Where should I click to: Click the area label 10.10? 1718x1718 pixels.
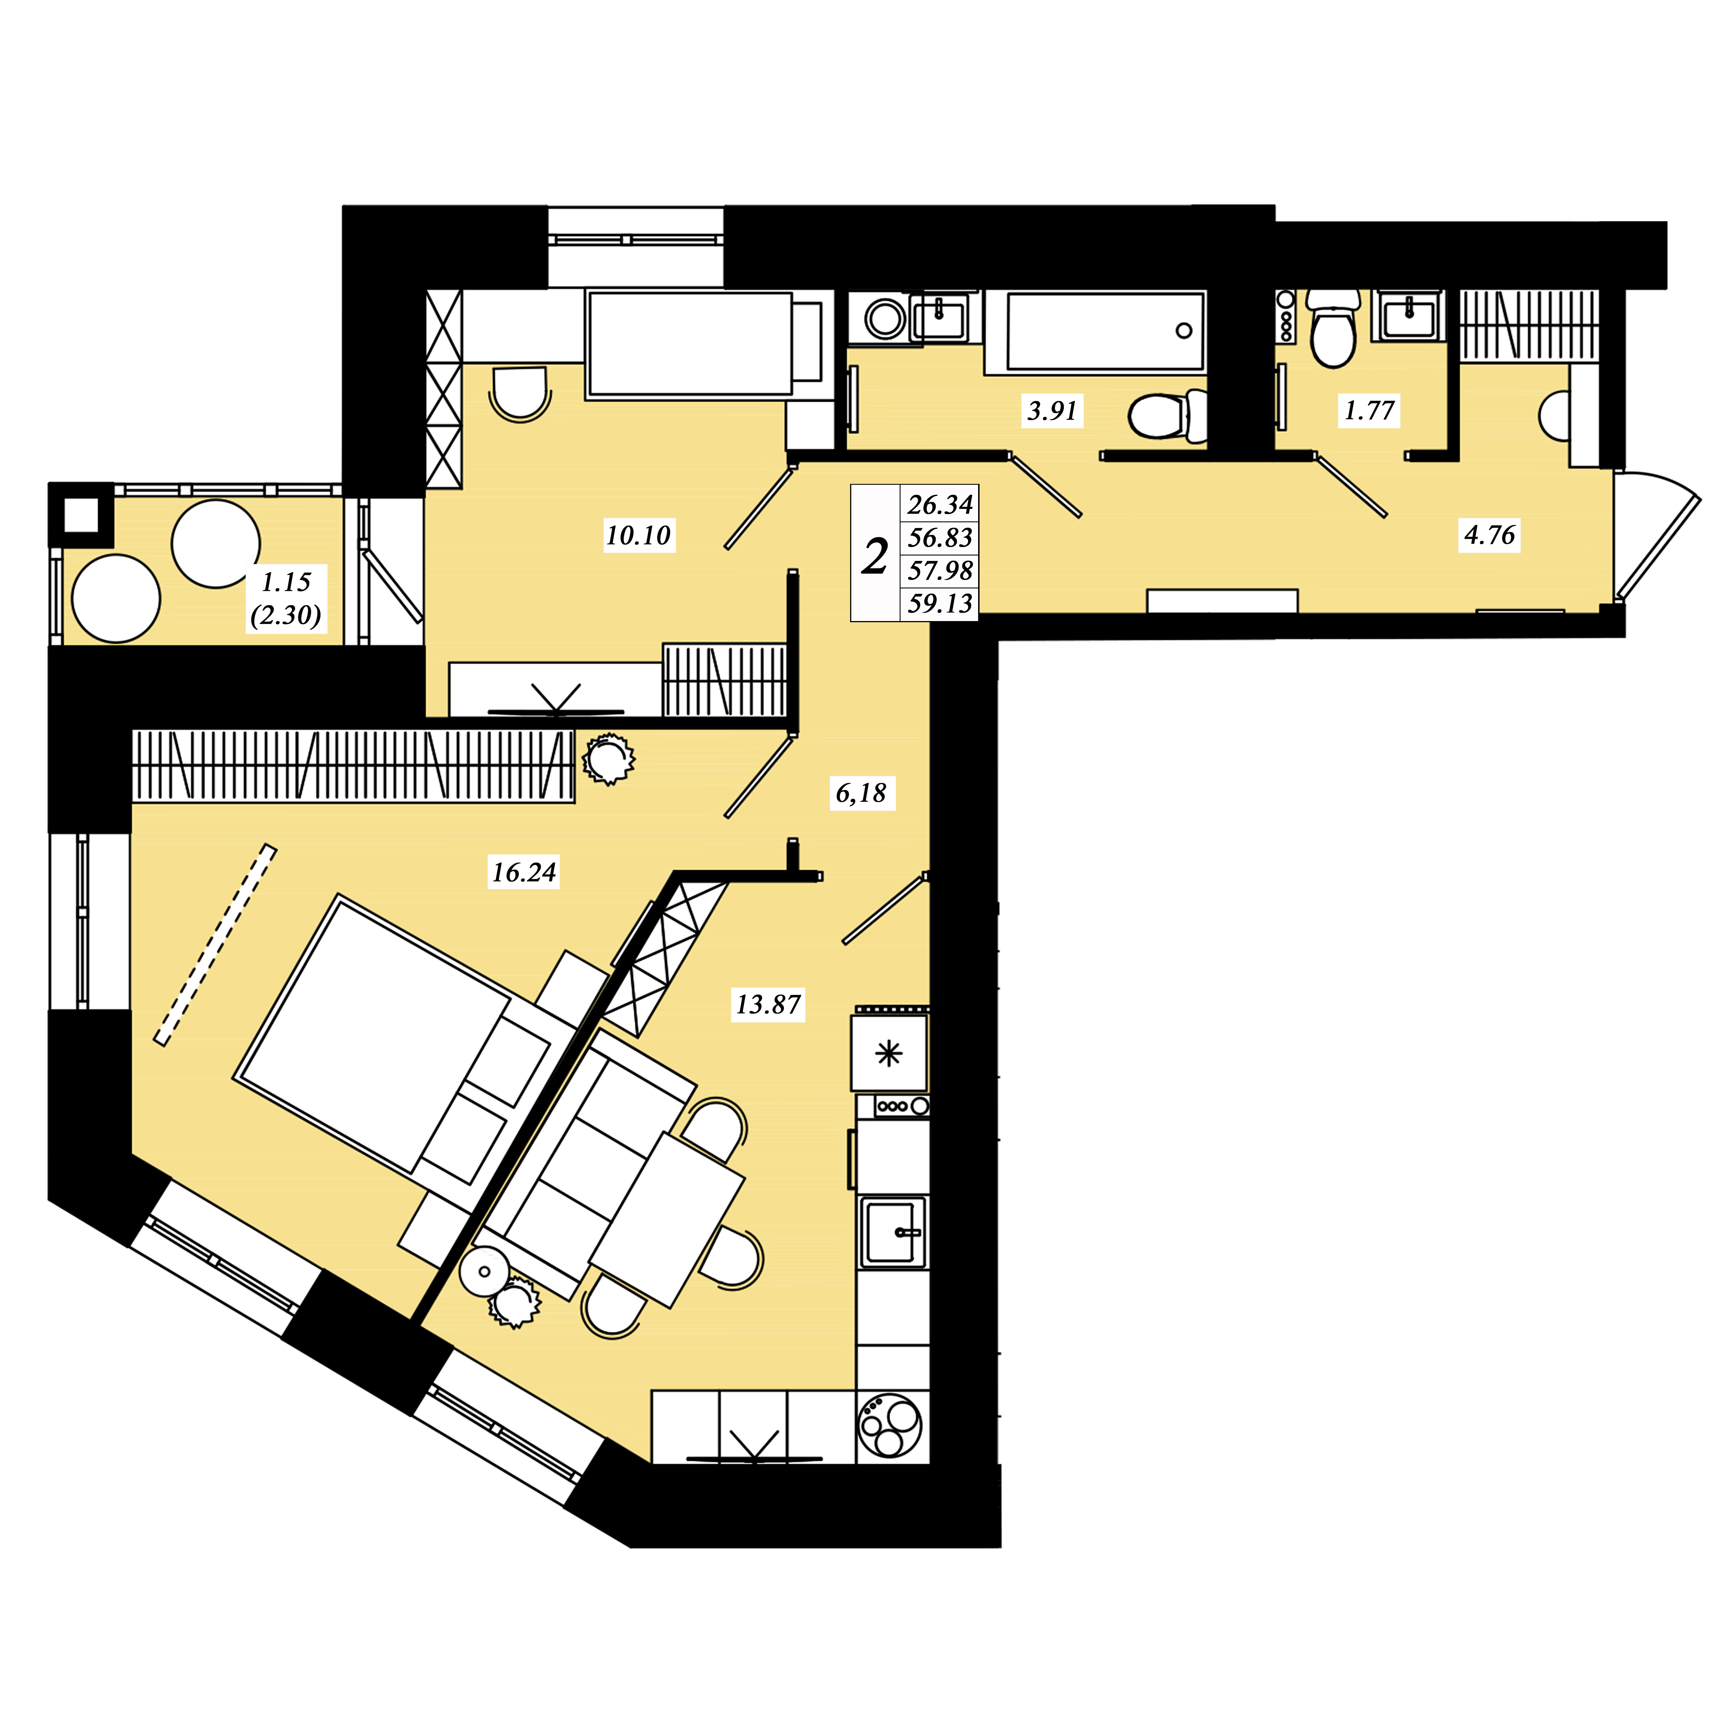[x=639, y=535]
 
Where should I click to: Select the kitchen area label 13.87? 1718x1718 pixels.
[x=768, y=1005]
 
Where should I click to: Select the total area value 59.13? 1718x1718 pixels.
[x=940, y=604]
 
